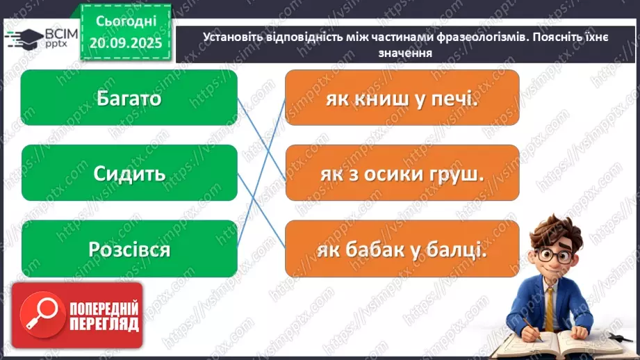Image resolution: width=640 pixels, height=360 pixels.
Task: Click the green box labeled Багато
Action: click(x=129, y=98)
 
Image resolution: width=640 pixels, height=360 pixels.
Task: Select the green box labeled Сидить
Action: click(x=129, y=173)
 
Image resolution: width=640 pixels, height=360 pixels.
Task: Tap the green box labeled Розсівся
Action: click(x=129, y=248)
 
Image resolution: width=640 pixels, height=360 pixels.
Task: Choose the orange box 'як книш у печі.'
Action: click(x=402, y=98)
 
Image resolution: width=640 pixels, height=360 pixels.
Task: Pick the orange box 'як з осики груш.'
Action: click(x=402, y=173)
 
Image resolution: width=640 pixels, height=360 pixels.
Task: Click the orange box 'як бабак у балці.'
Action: click(x=402, y=248)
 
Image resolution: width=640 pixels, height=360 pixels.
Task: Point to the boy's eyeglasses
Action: click(x=553, y=254)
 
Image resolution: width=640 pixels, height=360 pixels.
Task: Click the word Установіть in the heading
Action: click(x=234, y=38)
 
